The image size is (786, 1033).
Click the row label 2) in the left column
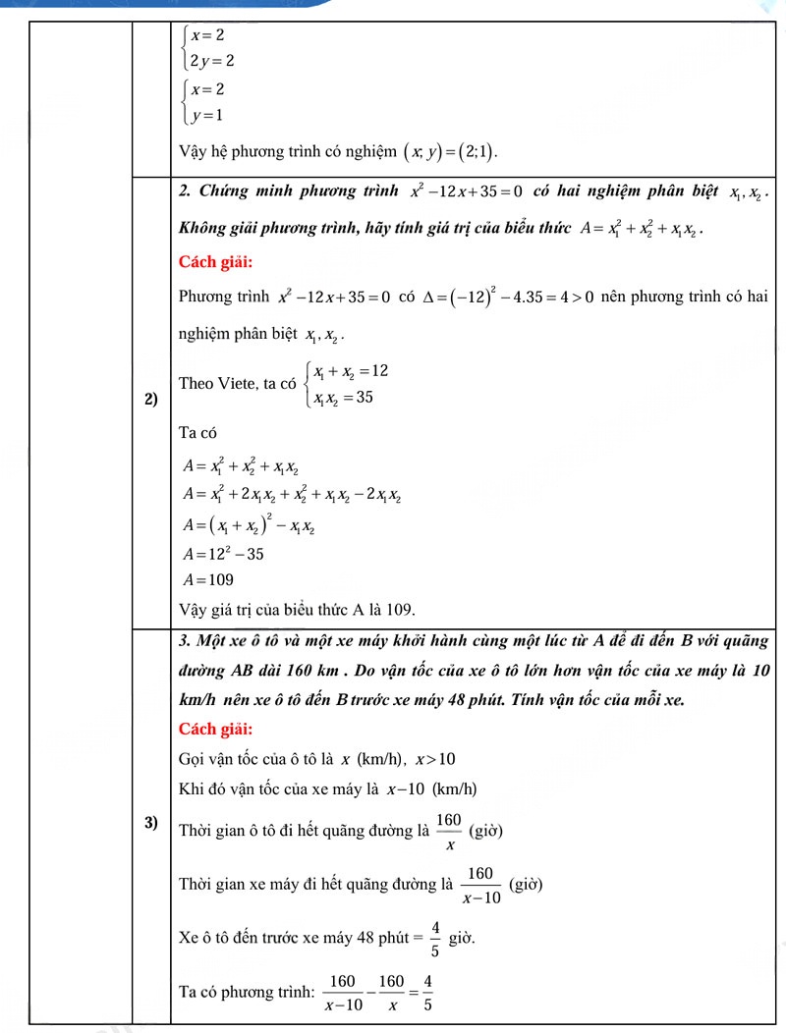[x=151, y=399]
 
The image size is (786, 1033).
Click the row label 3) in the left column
[x=151, y=823]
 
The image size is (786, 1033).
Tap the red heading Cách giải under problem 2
[x=216, y=261]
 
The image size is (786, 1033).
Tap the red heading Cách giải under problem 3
[x=216, y=729]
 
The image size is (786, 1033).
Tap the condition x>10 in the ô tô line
[x=435, y=759]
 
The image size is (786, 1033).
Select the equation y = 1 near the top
[x=206, y=116]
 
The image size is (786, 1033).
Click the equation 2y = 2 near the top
[x=211, y=61]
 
